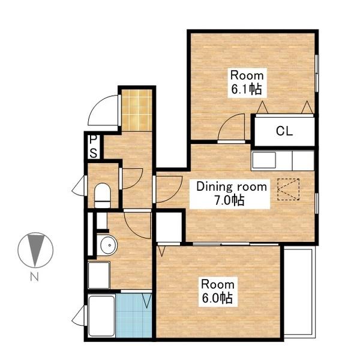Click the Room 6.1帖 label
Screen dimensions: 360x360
coord(247,83)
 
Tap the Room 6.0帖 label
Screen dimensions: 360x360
coord(218,292)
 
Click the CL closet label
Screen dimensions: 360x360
coord(284,131)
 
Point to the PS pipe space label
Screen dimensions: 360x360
coord(94,147)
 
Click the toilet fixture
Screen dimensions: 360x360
coord(103,196)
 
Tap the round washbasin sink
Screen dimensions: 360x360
coord(107,245)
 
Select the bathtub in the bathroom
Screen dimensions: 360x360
coord(101,316)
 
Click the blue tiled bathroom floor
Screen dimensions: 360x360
coord(134,316)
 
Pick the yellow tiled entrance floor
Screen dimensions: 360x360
coord(137,110)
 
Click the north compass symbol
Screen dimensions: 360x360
coord(35,250)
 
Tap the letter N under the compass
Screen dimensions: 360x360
coord(34,277)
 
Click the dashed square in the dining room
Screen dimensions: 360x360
coord(289,190)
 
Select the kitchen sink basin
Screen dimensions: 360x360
coord(264,160)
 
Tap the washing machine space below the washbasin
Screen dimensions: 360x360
coord(99,275)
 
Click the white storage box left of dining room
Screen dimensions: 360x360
coord(169,227)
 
